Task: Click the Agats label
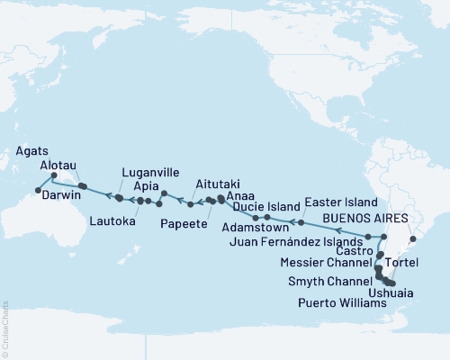[31, 150]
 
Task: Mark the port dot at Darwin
[38, 190]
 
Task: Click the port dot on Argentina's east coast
[413, 239]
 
